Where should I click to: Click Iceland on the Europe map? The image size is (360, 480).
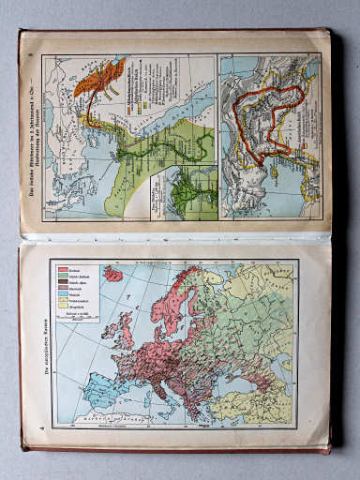pos(112,273)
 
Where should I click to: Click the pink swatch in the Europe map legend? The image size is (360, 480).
pos(64,270)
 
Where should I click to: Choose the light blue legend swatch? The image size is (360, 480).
pos(64,300)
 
